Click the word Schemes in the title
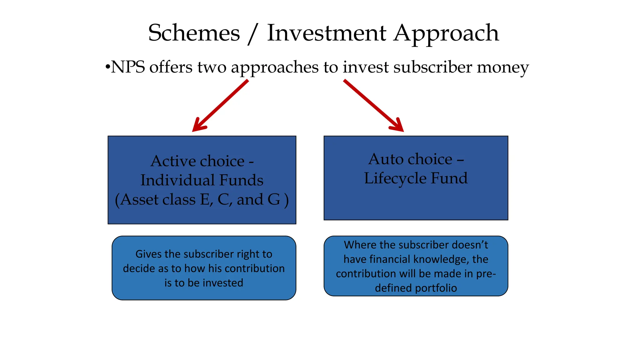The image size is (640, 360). click(194, 33)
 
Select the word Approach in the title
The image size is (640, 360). click(446, 34)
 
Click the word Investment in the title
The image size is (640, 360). click(327, 33)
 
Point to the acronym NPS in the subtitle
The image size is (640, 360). click(128, 67)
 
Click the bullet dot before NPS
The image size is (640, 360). click(107, 67)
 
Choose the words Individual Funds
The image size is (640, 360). click(202, 180)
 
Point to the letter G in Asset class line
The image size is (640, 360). click(274, 199)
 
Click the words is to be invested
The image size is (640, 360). click(204, 283)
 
